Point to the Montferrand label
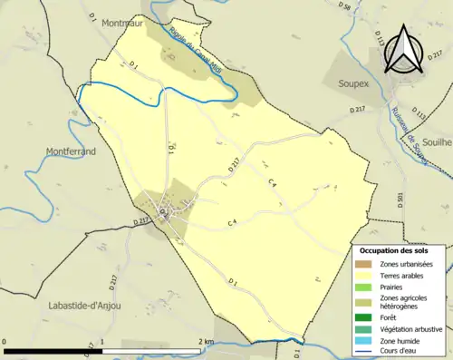(x=69, y=152)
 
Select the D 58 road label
(x=345, y=7)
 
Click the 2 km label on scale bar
(x=206, y=342)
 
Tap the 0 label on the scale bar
(x=5, y=342)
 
